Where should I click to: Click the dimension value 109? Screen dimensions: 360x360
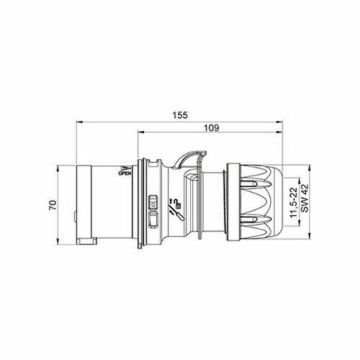pos(211,130)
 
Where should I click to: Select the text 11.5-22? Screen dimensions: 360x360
pos(292,202)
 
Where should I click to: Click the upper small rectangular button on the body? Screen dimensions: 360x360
pos(154,202)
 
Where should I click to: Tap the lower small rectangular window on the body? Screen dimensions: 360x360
pos(154,220)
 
